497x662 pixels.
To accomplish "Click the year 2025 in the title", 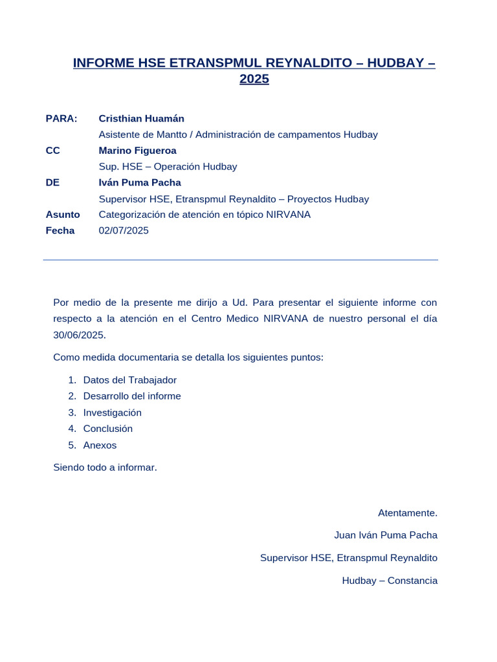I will click(254, 80).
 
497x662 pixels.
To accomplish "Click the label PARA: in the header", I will click(61, 118).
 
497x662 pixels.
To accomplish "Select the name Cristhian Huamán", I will click(141, 118).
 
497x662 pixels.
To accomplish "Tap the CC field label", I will click(52, 151).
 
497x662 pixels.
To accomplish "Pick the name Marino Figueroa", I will click(137, 151).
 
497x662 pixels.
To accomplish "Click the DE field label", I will click(52, 182).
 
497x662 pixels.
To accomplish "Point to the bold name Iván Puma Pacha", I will click(140, 182).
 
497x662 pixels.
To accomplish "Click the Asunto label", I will click(63, 215).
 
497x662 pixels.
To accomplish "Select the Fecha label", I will click(60, 231).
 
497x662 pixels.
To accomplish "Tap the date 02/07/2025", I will click(124, 231).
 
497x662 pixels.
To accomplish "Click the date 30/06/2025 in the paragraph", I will click(79, 335).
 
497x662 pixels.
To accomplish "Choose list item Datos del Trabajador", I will click(129, 380).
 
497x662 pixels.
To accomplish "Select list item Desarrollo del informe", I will click(132, 396).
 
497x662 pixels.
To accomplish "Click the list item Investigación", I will click(112, 412).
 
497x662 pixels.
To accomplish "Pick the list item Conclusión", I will click(107, 429).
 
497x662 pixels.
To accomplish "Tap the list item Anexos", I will click(100, 445).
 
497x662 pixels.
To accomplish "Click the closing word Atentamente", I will click(408, 513).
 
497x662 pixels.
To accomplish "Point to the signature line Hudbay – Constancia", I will click(390, 581).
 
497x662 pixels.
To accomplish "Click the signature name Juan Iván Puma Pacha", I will click(386, 535).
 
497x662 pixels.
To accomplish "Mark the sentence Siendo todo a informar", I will click(105, 467).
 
